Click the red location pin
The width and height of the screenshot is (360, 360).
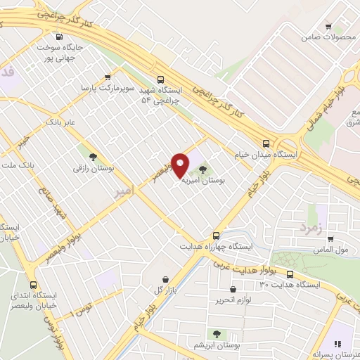(x=181, y=165)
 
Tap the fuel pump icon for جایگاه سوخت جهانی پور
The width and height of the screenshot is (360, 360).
(x=59, y=37)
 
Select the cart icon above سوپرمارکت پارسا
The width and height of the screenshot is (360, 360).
(x=108, y=78)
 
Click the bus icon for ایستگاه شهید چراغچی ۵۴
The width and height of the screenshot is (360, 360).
(x=161, y=79)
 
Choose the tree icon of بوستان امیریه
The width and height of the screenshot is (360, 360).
(x=204, y=169)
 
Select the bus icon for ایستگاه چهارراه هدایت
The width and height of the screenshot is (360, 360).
(x=216, y=236)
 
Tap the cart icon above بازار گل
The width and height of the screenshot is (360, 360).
(x=165, y=279)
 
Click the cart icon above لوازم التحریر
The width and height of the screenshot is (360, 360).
(x=233, y=289)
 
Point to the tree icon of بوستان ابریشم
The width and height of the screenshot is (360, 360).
(x=216, y=334)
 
